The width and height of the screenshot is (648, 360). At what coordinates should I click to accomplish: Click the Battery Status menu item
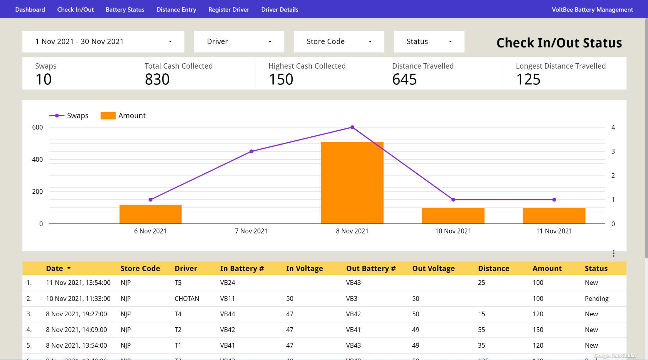(x=125, y=9)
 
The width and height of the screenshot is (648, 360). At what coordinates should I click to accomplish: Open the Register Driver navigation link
(x=228, y=9)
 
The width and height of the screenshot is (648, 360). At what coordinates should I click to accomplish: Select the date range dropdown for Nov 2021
(x=103, y=41)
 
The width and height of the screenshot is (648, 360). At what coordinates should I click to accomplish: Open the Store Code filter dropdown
(x=339, y=41)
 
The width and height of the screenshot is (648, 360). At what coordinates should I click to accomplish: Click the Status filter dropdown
(x=429, y=41)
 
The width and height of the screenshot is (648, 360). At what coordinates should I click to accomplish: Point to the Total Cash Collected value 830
(x=157, y=79)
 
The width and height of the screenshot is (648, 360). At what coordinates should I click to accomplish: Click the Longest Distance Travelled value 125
(x=528, y=79)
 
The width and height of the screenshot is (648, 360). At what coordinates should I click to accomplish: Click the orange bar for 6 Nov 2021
(x=150, y=214)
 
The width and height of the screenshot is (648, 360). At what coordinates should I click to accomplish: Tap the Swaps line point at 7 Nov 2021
(x=251, y=152)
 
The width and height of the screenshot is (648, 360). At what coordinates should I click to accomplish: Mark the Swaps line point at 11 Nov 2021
(x=554, y=200)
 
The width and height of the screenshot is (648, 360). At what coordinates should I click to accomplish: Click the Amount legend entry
(x=123, y=116)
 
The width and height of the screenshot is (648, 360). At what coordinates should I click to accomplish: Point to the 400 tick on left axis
(x=37, y=159)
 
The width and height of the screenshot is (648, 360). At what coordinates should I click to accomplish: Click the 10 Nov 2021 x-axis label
(x=453, y=231)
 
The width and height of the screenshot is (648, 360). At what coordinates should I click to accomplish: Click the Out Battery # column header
(x=371, y=269)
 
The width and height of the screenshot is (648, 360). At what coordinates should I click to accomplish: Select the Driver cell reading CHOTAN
(x=187, y=299)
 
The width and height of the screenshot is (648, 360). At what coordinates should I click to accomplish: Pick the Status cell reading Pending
(x=596, y=299)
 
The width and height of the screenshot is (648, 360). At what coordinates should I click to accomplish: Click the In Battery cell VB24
(x=227, y=283)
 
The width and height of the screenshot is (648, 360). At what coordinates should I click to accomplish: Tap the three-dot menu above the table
(x=613, y=253)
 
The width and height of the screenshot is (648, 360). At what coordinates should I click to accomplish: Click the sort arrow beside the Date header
(x=69, y=269)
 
